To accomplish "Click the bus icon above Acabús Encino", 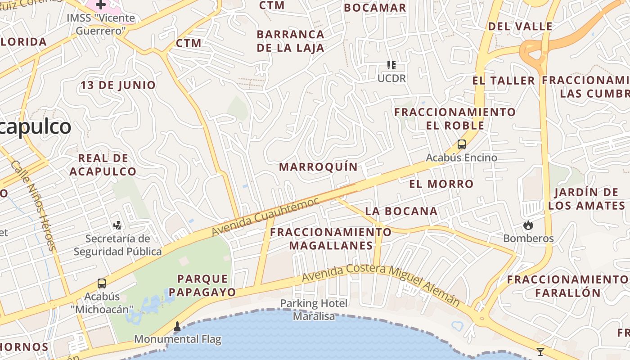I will [x=462, y=144].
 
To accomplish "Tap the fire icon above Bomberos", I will [x=528, y=225].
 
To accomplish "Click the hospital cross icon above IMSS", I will [x=101, y=4].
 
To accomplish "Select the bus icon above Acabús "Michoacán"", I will [x=102, y=283].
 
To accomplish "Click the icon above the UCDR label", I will [x=391, y=65].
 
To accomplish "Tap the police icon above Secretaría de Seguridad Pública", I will [x=117, y=225].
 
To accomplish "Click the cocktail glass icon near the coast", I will [x=540, y=351].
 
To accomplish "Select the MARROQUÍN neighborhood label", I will [x=318, y=167].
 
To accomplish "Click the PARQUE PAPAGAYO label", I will [x=202, y=285].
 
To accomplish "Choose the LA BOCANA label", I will [x=401, y=211].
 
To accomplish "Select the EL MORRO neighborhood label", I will [x=441, y=184].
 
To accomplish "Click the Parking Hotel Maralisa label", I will [x=314, y=310].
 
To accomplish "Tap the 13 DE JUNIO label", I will [x=118, y=85].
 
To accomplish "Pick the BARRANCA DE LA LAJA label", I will [x=290, y=41].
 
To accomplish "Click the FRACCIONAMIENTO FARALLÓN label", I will [x=567, y=286].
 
